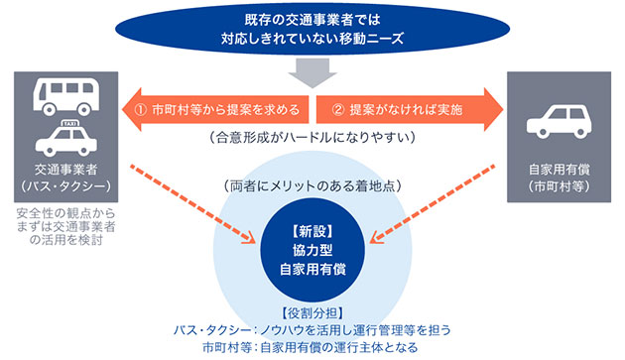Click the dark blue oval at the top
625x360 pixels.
pos(312,32)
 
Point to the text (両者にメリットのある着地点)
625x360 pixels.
pos(312,182)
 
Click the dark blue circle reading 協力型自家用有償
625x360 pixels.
pos(312,249)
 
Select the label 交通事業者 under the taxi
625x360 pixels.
pos(66,170)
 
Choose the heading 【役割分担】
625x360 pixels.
pos(312,312)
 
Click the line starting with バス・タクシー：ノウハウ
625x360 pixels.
pos(312,330)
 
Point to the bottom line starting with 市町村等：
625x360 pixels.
pos(312,348)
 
